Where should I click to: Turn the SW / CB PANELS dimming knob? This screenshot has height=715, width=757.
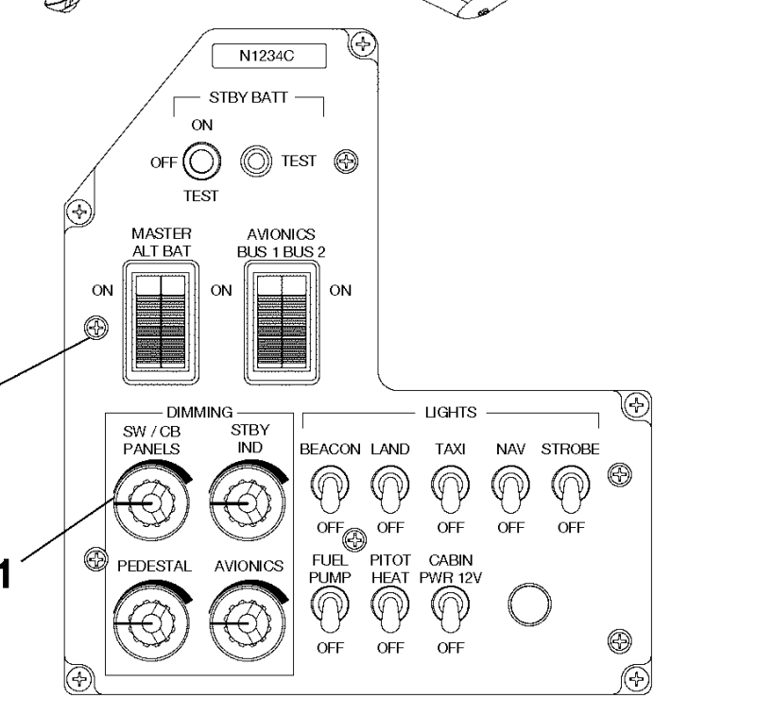tap(145, 504)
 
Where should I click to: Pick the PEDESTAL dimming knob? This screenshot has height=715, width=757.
tap(145, 624)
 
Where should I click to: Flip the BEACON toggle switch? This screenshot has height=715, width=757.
tap(329, 487)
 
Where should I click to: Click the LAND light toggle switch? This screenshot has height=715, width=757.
tap(387, 487)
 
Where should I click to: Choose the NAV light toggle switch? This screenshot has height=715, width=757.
tap(511, 487)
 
